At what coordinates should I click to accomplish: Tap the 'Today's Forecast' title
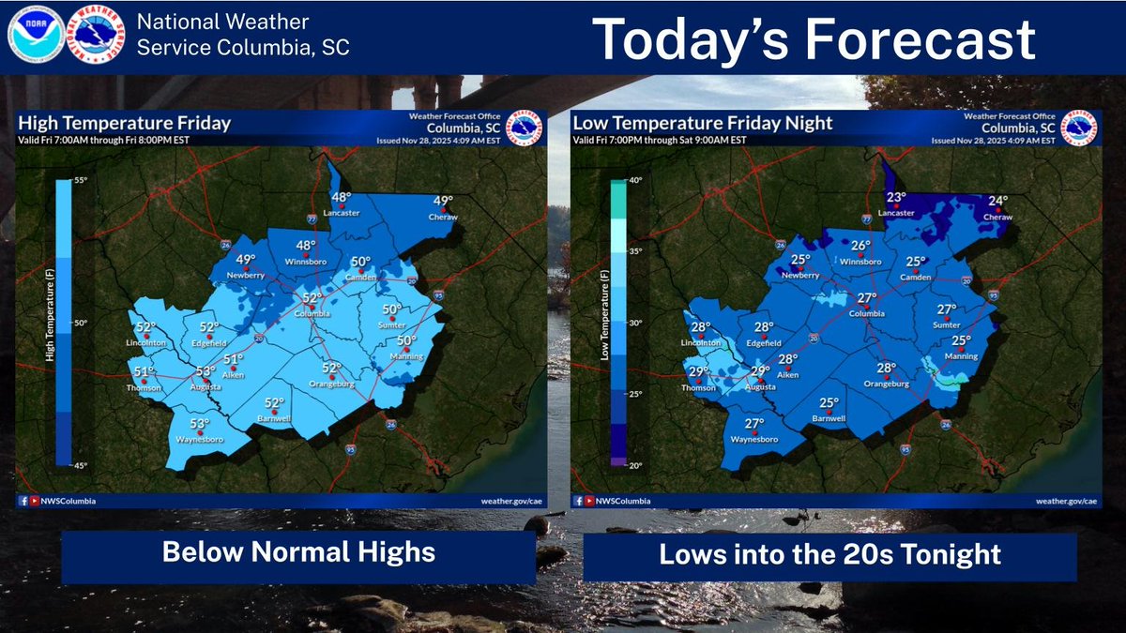point(814,39)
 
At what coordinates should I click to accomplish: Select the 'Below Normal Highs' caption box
point(298,551)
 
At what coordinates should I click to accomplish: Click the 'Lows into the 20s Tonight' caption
point(829,554)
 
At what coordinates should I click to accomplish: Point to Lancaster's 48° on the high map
point(341,197)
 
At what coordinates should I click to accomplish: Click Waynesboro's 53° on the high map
point(200,423)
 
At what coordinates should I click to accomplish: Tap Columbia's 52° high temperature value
point(312,297)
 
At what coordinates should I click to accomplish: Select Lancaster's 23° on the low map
point(896,197)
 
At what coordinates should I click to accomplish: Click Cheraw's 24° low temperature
point(997,201)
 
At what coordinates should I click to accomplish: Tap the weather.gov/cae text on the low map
point(1066,501)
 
